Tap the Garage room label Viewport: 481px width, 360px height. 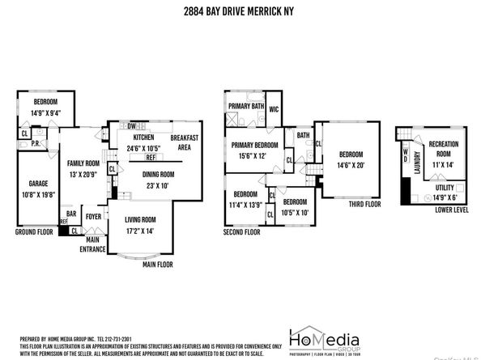[x=33, y=184]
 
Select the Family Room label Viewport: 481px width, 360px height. [x=82, y=162]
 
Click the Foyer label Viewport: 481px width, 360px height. [x=94, y=216]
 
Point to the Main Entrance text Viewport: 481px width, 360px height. [x=93, y=244]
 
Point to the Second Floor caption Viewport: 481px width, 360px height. [x=242, y=231]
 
